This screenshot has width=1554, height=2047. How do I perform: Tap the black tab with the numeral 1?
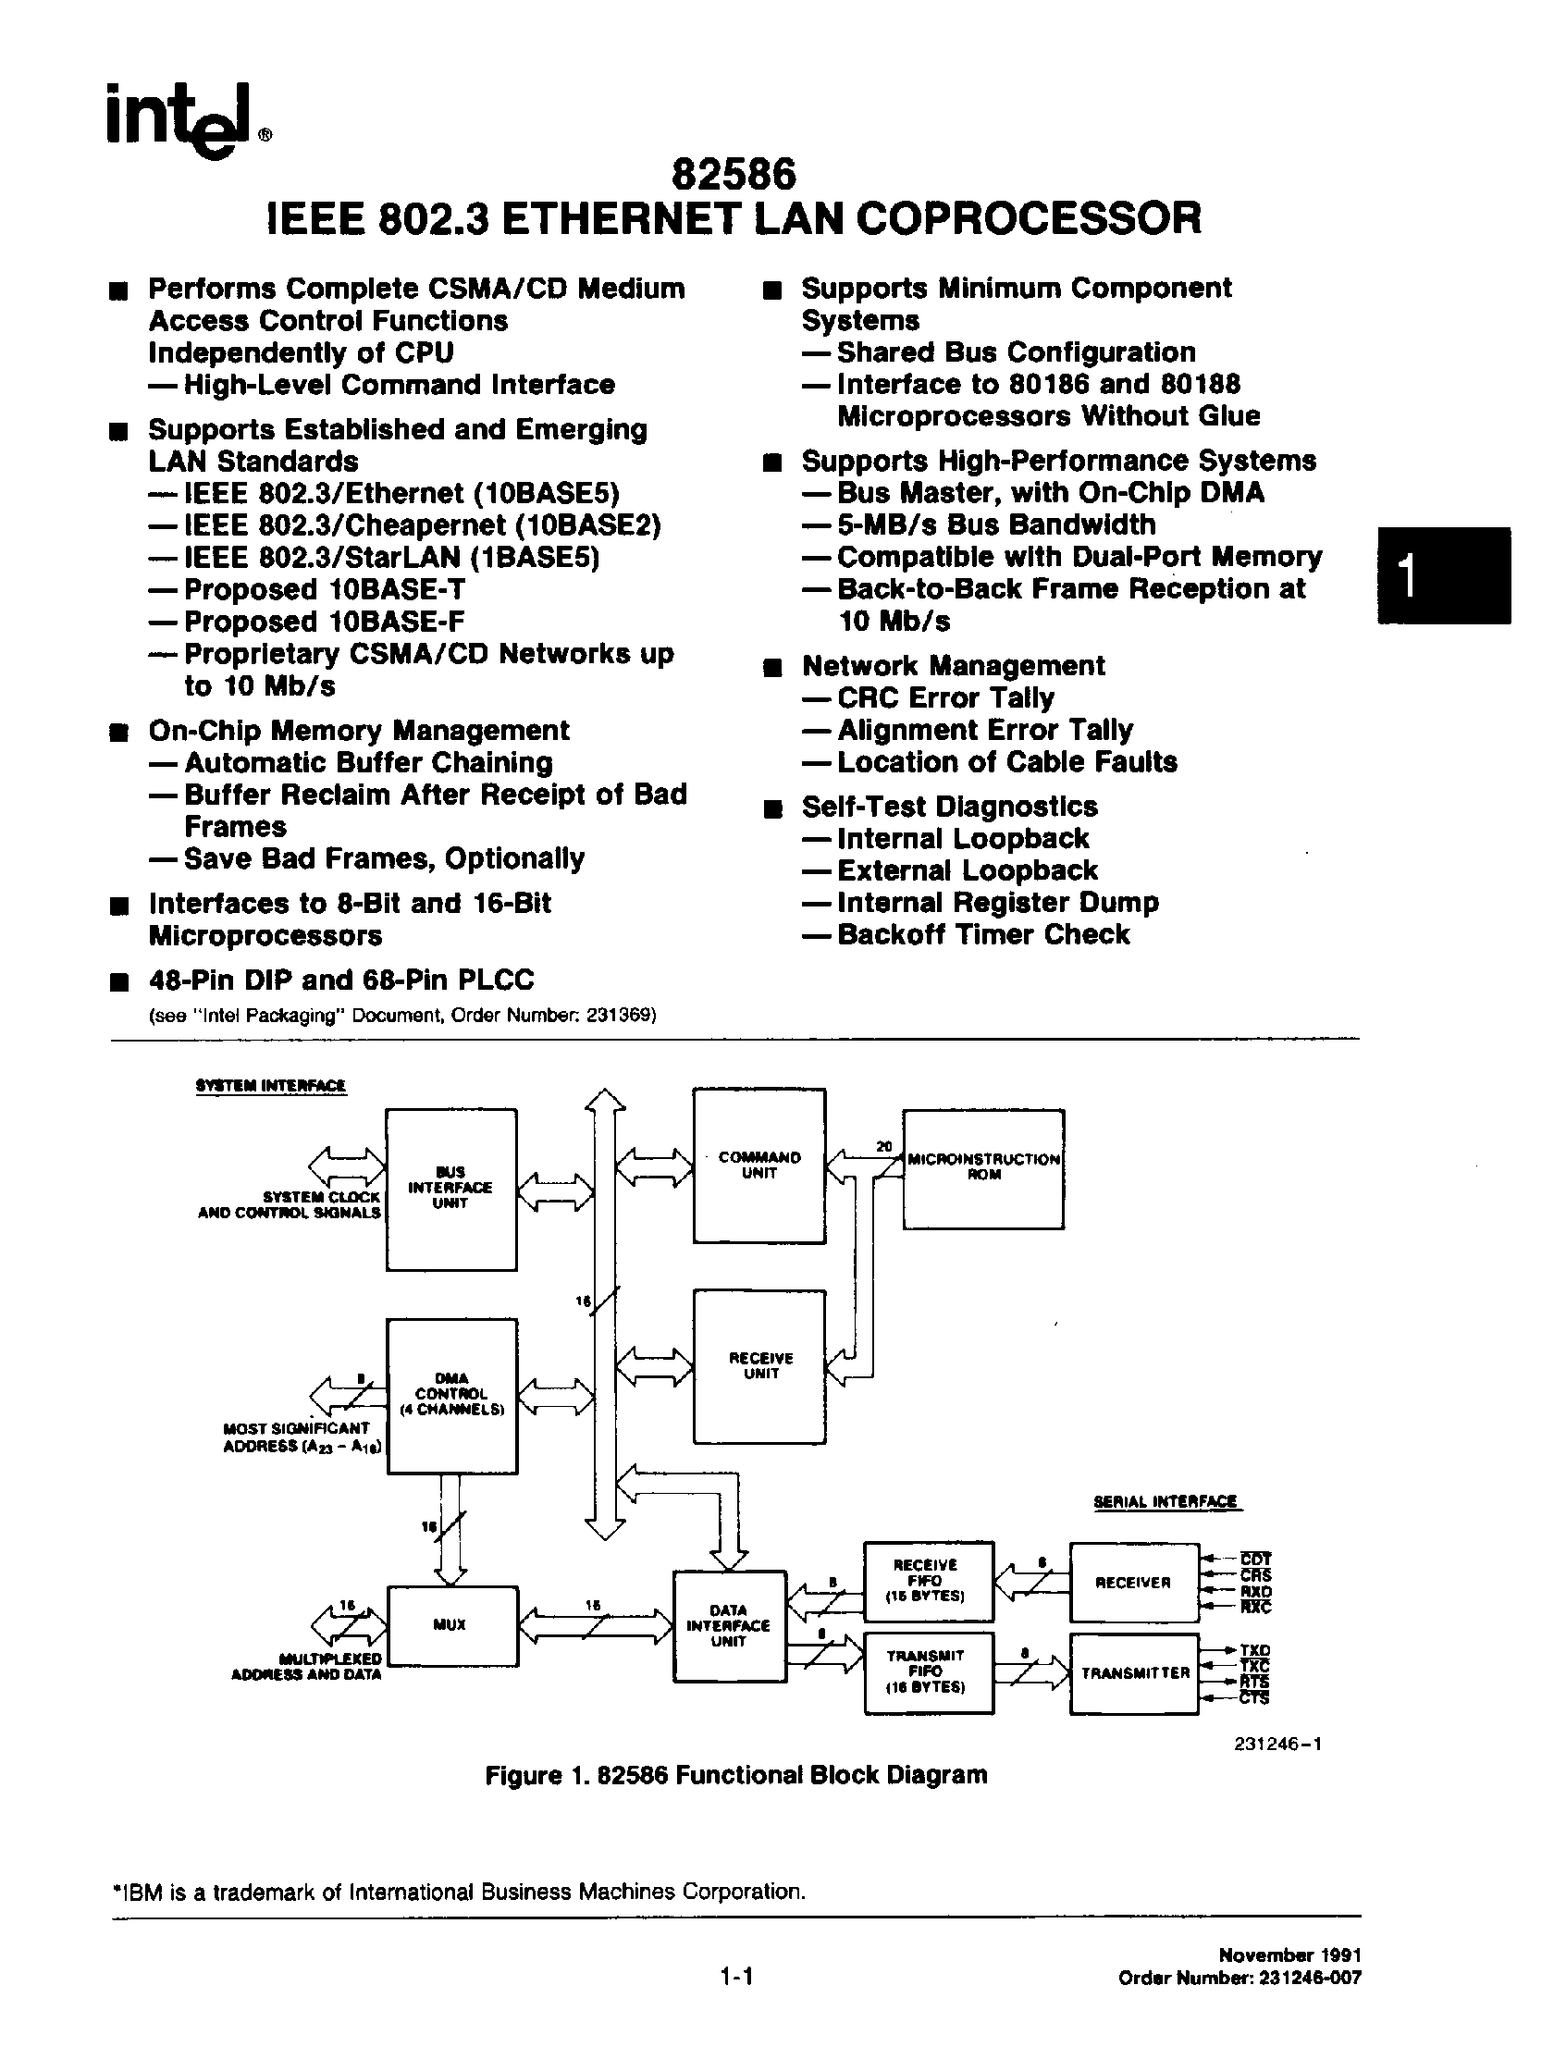coord(1443,575)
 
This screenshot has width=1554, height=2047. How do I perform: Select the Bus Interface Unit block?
coord(450,1190)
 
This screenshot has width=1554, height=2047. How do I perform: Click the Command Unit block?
coord(758,1165)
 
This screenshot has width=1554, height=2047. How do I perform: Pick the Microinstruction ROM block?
coord(983,1169)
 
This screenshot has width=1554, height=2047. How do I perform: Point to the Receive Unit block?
coord(758,1367)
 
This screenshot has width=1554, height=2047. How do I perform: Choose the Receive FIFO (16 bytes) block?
coord(928,1581)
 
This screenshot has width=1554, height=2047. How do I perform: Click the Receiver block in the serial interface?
coord(1134,1583)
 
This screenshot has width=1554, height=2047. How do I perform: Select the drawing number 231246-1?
coord(1276,1745)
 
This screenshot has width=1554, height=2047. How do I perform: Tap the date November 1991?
coord(1289,1955)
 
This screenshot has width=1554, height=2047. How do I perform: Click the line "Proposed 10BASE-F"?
coord(323,622)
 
